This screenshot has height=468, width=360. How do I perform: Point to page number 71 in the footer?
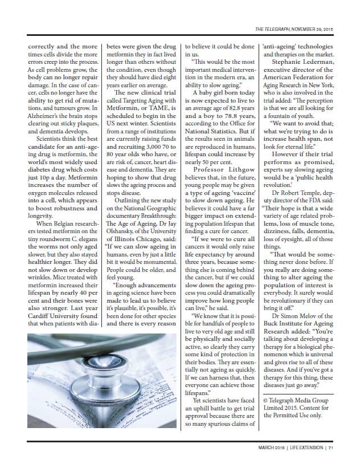[330, 447]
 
